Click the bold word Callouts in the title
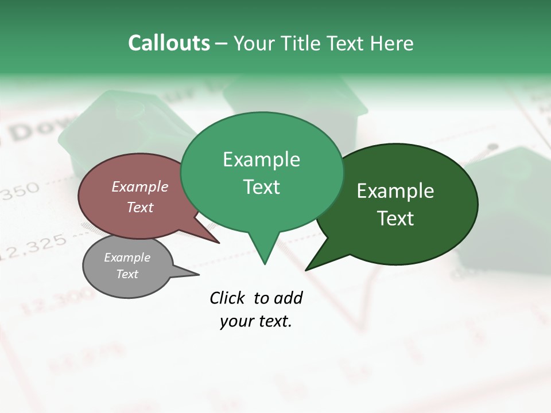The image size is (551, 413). pos(169,43)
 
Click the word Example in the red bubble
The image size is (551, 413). pos(140,186)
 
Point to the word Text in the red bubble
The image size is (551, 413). pos(140,207)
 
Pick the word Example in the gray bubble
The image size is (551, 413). pos(127,258)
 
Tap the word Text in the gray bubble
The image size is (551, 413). pos(127,274)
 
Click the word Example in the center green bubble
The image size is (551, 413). pos(261,159)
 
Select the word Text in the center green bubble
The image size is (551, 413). pos(261,187)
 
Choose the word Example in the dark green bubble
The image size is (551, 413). pos(395,191)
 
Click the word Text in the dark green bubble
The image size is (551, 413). pos(395,219)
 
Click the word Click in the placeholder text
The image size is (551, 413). pos(227,298)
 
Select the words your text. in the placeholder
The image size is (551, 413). pos(256,321)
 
